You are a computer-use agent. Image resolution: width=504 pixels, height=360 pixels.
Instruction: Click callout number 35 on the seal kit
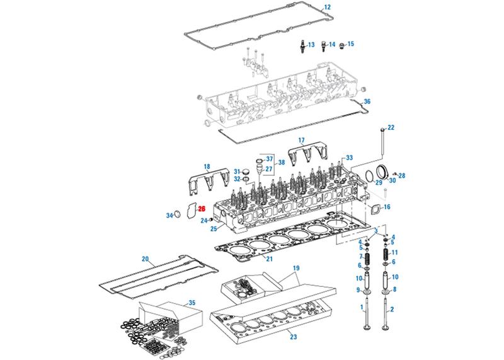192,303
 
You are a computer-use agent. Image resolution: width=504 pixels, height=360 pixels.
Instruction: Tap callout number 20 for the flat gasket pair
145,259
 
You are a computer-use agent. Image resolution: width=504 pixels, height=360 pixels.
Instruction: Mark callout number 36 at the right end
368,101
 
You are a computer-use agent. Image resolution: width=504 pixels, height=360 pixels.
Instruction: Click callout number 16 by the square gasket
387,207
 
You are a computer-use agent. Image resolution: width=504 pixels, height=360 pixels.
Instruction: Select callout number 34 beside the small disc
169,216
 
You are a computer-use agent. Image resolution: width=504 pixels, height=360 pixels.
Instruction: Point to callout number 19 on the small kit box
295,268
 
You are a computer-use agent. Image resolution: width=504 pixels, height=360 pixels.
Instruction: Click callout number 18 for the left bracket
206,166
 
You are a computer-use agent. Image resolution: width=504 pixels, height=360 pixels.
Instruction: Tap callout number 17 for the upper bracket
301,139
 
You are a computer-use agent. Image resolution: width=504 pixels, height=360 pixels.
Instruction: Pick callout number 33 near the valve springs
348,157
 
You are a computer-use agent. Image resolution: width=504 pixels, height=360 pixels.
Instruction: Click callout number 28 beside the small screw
402,175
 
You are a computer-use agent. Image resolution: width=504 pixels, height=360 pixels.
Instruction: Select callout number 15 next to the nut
351,44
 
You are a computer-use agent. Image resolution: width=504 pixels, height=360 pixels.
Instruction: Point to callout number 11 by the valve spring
394,252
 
